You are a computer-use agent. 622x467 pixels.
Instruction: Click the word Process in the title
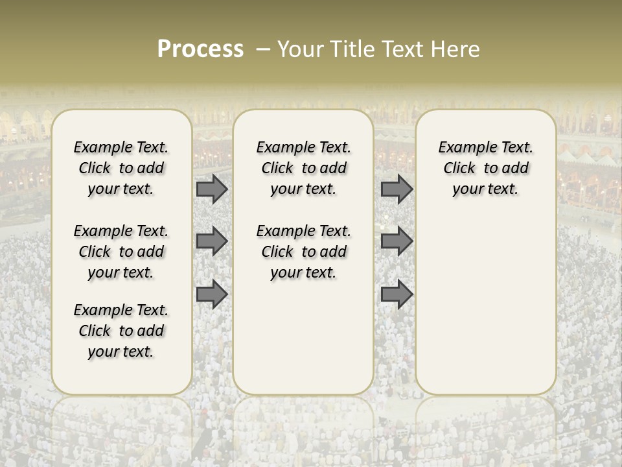coord(200,49)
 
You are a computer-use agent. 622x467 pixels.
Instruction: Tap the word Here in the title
coord(456,49)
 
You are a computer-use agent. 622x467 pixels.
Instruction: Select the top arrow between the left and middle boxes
coord(212,189)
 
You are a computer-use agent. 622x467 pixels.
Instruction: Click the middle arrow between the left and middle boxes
coord(212,241)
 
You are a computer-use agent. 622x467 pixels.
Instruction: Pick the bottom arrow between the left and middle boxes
coord(212,294)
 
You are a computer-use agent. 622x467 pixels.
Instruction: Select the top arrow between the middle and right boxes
coord(397,189)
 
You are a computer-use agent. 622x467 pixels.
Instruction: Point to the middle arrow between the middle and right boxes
coord(397,241)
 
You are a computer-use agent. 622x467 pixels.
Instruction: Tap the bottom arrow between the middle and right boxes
coord(397,294)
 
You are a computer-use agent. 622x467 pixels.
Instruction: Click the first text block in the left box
coord(121,168)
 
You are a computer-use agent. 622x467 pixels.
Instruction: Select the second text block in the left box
coord(121,252)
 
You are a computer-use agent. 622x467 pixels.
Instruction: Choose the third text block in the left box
coord(121,331)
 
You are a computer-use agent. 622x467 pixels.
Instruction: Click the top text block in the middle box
coord(303,168)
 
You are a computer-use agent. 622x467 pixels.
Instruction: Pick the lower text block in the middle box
coord(303,252)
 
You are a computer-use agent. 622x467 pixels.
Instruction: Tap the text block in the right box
coord(486,168)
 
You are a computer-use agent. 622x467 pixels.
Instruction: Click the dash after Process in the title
coord(263,49)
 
